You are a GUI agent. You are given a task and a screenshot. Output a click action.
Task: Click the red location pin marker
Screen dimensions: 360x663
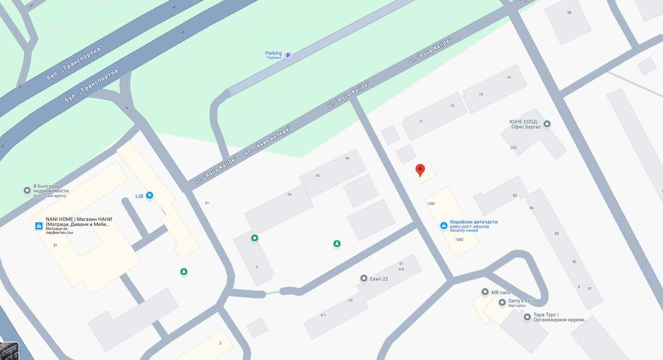point(419,170)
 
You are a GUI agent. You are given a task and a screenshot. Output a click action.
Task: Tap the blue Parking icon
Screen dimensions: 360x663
point(288,56)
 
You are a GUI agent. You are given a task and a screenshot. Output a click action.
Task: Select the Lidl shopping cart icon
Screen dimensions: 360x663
point(150,195)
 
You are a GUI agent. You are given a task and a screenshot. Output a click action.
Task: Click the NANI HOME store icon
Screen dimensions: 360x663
point(38,226)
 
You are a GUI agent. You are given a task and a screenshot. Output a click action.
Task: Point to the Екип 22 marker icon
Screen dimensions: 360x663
point(363,278)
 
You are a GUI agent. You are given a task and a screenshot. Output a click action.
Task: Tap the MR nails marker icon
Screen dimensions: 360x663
point(485,292)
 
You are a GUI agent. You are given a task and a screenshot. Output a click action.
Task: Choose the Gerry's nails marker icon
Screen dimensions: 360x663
point(502,303)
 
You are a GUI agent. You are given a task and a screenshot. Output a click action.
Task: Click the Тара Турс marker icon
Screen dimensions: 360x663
point(527,317)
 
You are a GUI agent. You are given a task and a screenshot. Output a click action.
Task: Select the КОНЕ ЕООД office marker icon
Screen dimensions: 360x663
point(547,123)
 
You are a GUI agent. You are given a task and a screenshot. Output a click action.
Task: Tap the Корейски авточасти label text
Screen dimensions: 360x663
point(473,222)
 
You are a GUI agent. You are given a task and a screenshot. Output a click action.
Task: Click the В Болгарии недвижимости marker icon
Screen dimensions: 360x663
point(27,191)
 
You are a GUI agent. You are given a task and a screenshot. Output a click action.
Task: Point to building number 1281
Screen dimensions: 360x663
point(431,204)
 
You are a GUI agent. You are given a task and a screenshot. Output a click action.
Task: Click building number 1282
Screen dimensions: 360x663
point(459,239)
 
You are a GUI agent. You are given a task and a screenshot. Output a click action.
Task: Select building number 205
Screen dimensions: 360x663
point(513,147)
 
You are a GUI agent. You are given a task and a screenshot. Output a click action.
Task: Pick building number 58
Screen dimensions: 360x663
point(569,13)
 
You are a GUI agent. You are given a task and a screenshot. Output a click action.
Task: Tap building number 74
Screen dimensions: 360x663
point(509,78)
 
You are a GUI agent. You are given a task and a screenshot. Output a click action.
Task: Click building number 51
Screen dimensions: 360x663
point(207,203)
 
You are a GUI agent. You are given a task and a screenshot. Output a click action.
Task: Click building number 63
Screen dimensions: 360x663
point(350,300)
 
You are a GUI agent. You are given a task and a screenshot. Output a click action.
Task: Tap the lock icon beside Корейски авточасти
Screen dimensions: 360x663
point(444,226)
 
